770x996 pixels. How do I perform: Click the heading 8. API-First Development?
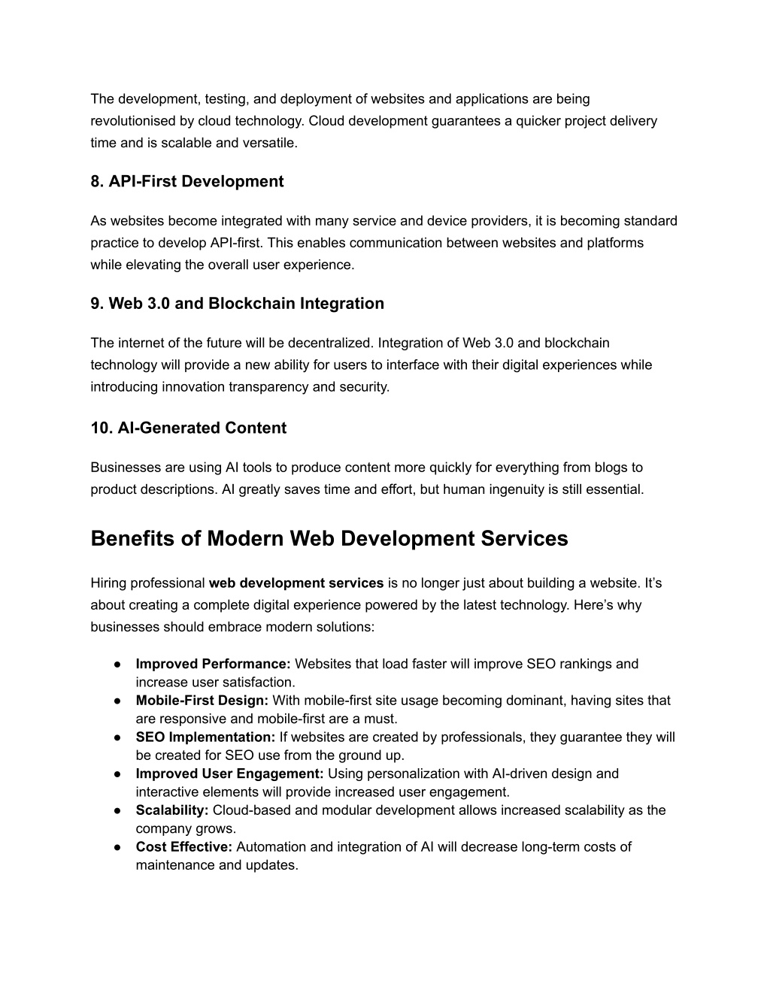pos(187,182)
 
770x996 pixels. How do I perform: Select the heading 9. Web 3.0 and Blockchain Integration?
pos(237,304)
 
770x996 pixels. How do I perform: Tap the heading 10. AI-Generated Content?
pos(188,428)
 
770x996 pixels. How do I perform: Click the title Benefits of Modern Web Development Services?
pos(329,539)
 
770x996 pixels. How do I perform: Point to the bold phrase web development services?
pos(296,583)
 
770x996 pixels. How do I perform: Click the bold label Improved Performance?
pos(213,664)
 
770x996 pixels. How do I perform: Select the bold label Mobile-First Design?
pos(202,701)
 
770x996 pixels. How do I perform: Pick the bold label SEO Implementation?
pos(205,737)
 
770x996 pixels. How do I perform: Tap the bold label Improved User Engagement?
pos(229,773)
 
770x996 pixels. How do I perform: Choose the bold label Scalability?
pos(171,810)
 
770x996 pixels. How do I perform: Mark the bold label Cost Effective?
pos(184,847)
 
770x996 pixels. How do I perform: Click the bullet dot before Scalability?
pos(118,810)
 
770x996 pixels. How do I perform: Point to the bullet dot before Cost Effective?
pos(118,847)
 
